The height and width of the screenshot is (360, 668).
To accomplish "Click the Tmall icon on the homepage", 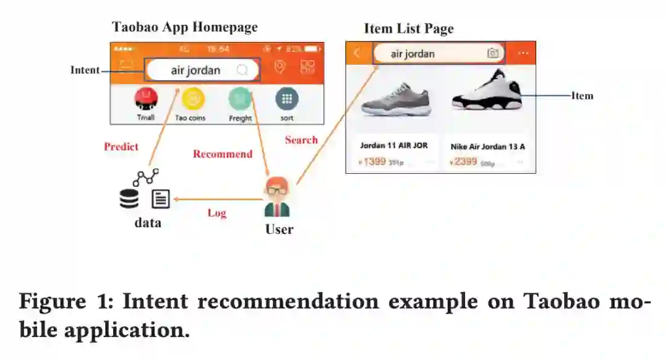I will pos(146,98).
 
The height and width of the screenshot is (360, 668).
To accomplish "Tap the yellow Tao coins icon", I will pos(193,98).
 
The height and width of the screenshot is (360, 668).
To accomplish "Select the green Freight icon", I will pos(239,98).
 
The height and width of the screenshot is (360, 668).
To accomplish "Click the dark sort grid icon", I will pos(287,98).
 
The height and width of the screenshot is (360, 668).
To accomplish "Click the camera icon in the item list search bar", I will pos(492,53).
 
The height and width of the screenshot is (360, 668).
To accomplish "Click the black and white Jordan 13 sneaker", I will pos(487,92).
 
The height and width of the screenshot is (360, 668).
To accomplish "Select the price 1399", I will pos(374,162).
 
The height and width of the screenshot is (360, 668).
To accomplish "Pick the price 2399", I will pos(465,162).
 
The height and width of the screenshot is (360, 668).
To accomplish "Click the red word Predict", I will pos(121,147).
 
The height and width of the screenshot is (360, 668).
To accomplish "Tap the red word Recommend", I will pos(223,154).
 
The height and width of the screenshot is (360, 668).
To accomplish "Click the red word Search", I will pos(301,140).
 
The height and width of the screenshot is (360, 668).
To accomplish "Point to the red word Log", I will pos(216,213).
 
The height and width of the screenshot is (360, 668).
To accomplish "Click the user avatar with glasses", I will pos(276,197).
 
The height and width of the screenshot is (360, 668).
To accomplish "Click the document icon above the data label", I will pos(160,199).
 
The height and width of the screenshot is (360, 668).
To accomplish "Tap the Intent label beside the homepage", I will pos(85,70).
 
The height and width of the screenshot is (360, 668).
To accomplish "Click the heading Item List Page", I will pos(408,28).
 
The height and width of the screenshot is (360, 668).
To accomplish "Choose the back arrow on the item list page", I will pos(358,53).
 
